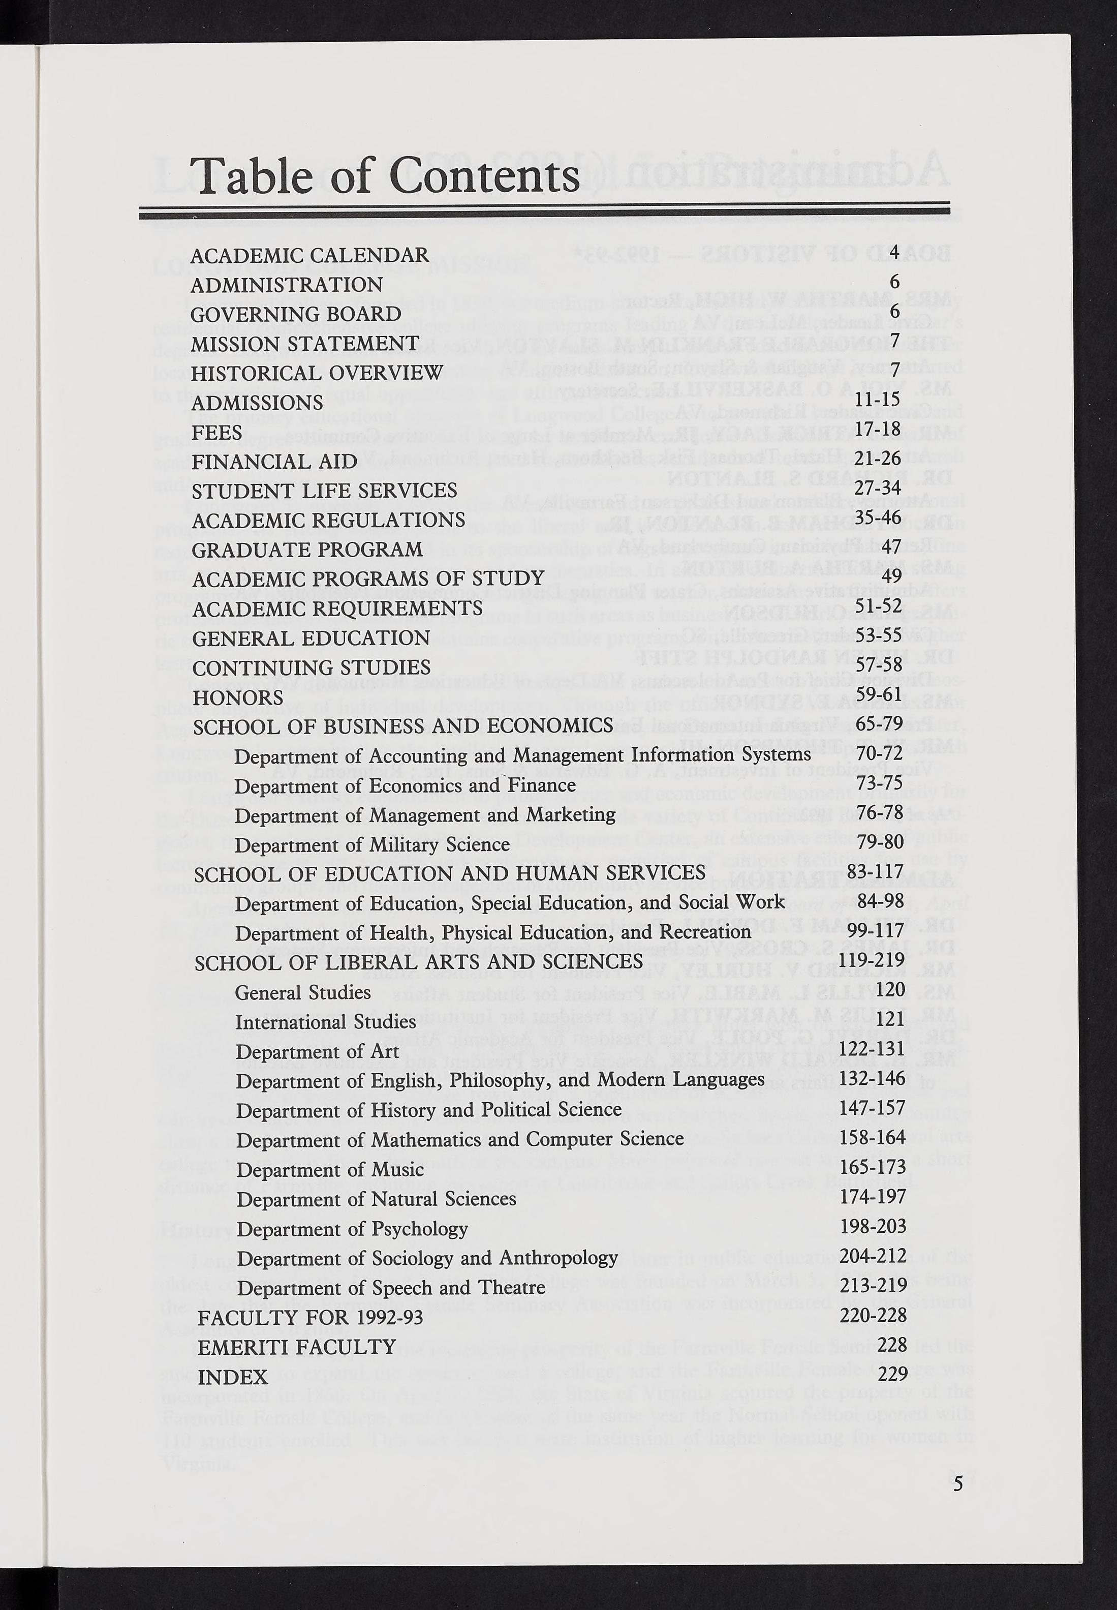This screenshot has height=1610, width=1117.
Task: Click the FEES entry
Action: tap(217, 432)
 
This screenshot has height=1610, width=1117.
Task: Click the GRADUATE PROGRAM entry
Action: tap(307, 549)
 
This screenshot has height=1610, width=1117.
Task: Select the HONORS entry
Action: tap(237, 697)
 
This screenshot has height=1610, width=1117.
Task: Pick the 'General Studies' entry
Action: tap(303, 993)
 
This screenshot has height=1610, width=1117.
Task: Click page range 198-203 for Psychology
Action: tap(873, 1226)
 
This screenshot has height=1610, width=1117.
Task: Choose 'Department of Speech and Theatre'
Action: tap(390, 1288)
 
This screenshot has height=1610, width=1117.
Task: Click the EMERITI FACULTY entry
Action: tap(297, 1347)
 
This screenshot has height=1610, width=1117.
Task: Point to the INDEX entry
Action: tap(232, 1377)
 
